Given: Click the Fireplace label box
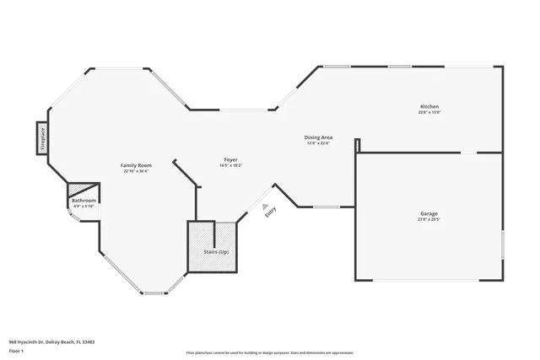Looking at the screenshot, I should point(41,137).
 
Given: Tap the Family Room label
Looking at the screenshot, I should point(135,165).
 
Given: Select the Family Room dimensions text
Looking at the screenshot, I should point(135,171).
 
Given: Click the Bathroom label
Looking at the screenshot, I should point(84,201).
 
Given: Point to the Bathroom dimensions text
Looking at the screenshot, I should point(84,206).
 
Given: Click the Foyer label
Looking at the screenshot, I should point(230,159).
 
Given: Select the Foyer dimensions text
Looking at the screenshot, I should point(230,165).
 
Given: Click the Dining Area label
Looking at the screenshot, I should point(318,137).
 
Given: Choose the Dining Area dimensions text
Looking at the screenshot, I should point(318,142).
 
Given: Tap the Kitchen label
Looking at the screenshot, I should point(429,106).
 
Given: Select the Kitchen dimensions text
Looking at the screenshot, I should point(429,112).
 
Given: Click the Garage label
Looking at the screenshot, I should point(429,214).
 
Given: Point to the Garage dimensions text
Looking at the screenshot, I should point(429,220).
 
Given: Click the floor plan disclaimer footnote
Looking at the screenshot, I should point(269,352).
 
